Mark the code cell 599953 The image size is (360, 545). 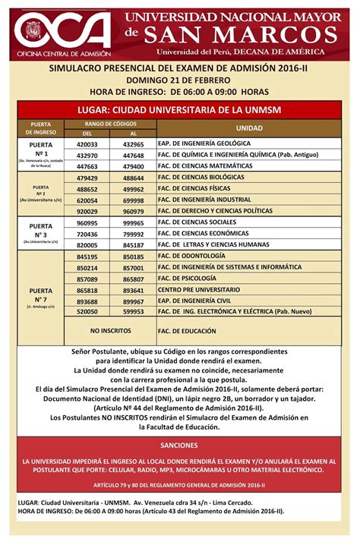[133, 311]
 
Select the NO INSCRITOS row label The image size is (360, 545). [110, 331]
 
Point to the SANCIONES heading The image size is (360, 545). [179, 446]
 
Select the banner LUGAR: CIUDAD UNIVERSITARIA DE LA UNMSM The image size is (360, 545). [179, 110]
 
